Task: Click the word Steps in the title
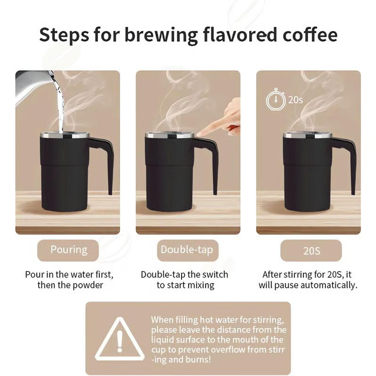[x=64, y=35]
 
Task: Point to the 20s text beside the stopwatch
[x=296, y=100]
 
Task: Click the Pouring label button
[x=68, y=250]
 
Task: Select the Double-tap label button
[x=188, y=250]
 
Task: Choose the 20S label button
[x=311, y=250]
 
